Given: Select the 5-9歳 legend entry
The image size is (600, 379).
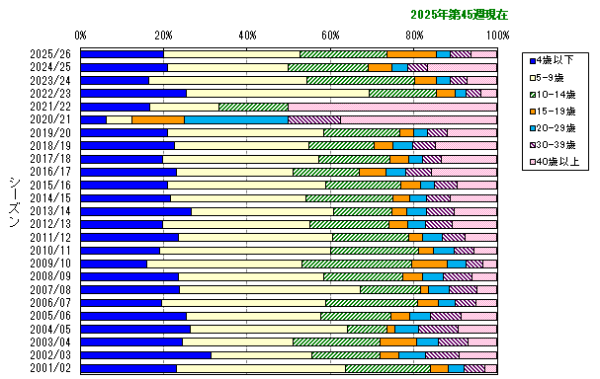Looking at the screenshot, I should (x=554, y=76).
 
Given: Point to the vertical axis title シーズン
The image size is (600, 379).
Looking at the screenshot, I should (x=14, y=203).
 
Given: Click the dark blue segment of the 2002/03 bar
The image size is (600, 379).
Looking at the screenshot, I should (x=145, y=354).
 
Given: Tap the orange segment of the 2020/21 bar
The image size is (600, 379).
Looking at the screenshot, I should (x=157, y=119).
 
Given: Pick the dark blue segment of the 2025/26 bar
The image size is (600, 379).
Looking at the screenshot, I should (x=122, y=54).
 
